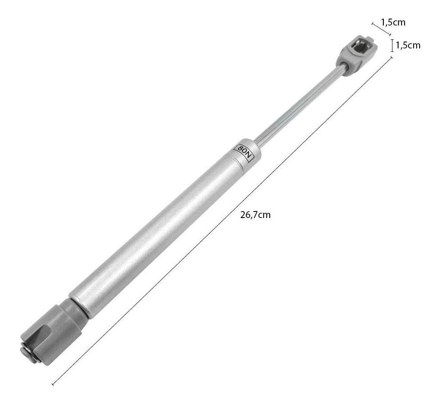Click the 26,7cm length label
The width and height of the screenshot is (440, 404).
pyautogui.click(x=255, y=215)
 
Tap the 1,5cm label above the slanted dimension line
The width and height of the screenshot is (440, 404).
pyautogui.click(x=393, y=22)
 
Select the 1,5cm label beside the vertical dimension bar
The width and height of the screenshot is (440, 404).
pyautogui.click(x=408, y=45)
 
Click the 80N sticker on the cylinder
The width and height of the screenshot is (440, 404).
pyautogui.click(x=244, y=152)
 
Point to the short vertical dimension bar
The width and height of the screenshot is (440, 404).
pyautogui.click(x=392, y=46)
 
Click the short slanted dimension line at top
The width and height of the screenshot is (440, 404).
pyautogui.click(x=381, y=29)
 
